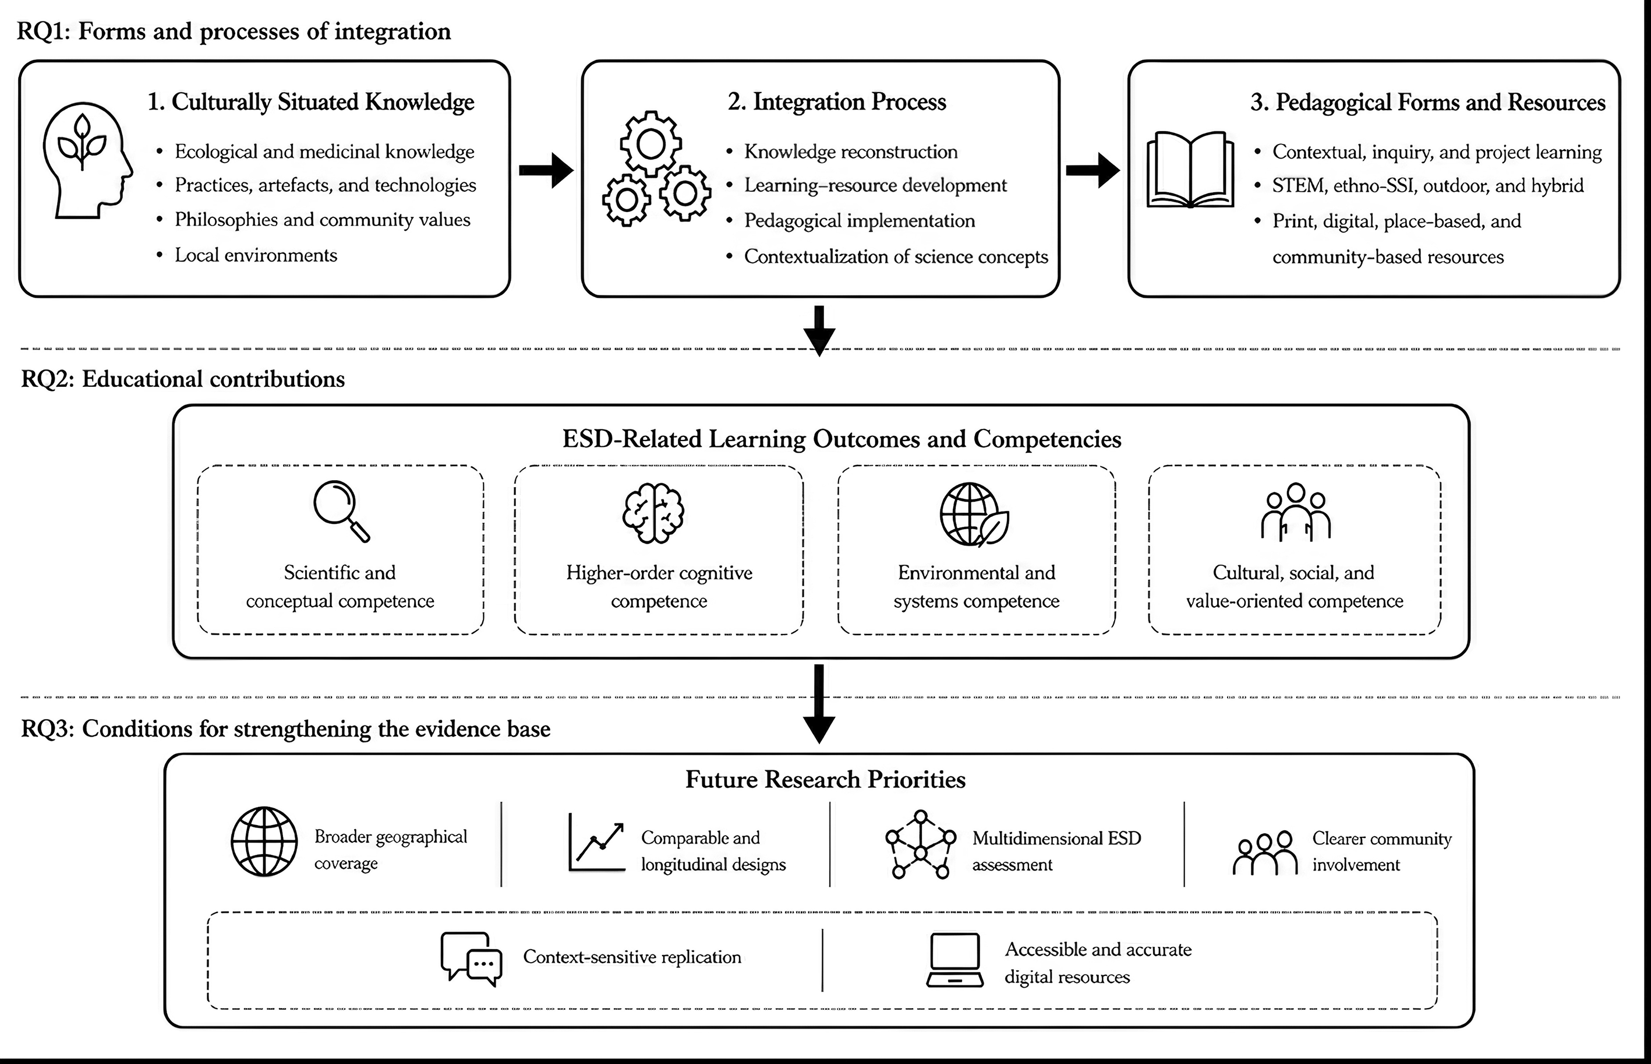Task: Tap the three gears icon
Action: click(655, 168)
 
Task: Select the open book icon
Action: click(1190, 170)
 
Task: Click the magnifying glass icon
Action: click(341, 511)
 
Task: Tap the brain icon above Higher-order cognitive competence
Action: click(653, 513)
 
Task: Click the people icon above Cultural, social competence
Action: click(1295, 512)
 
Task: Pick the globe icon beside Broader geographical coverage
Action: click(264, 841)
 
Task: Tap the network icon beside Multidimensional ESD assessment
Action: click(921, 844)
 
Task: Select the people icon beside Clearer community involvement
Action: click(1265, 853)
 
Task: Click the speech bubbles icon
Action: click(471, 959)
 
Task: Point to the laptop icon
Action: click(955, 960)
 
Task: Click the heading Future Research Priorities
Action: click(825, 779)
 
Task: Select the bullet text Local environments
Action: click(256, 255)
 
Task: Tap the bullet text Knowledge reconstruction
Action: click(851, 152)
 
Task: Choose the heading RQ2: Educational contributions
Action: click(183, 379)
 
